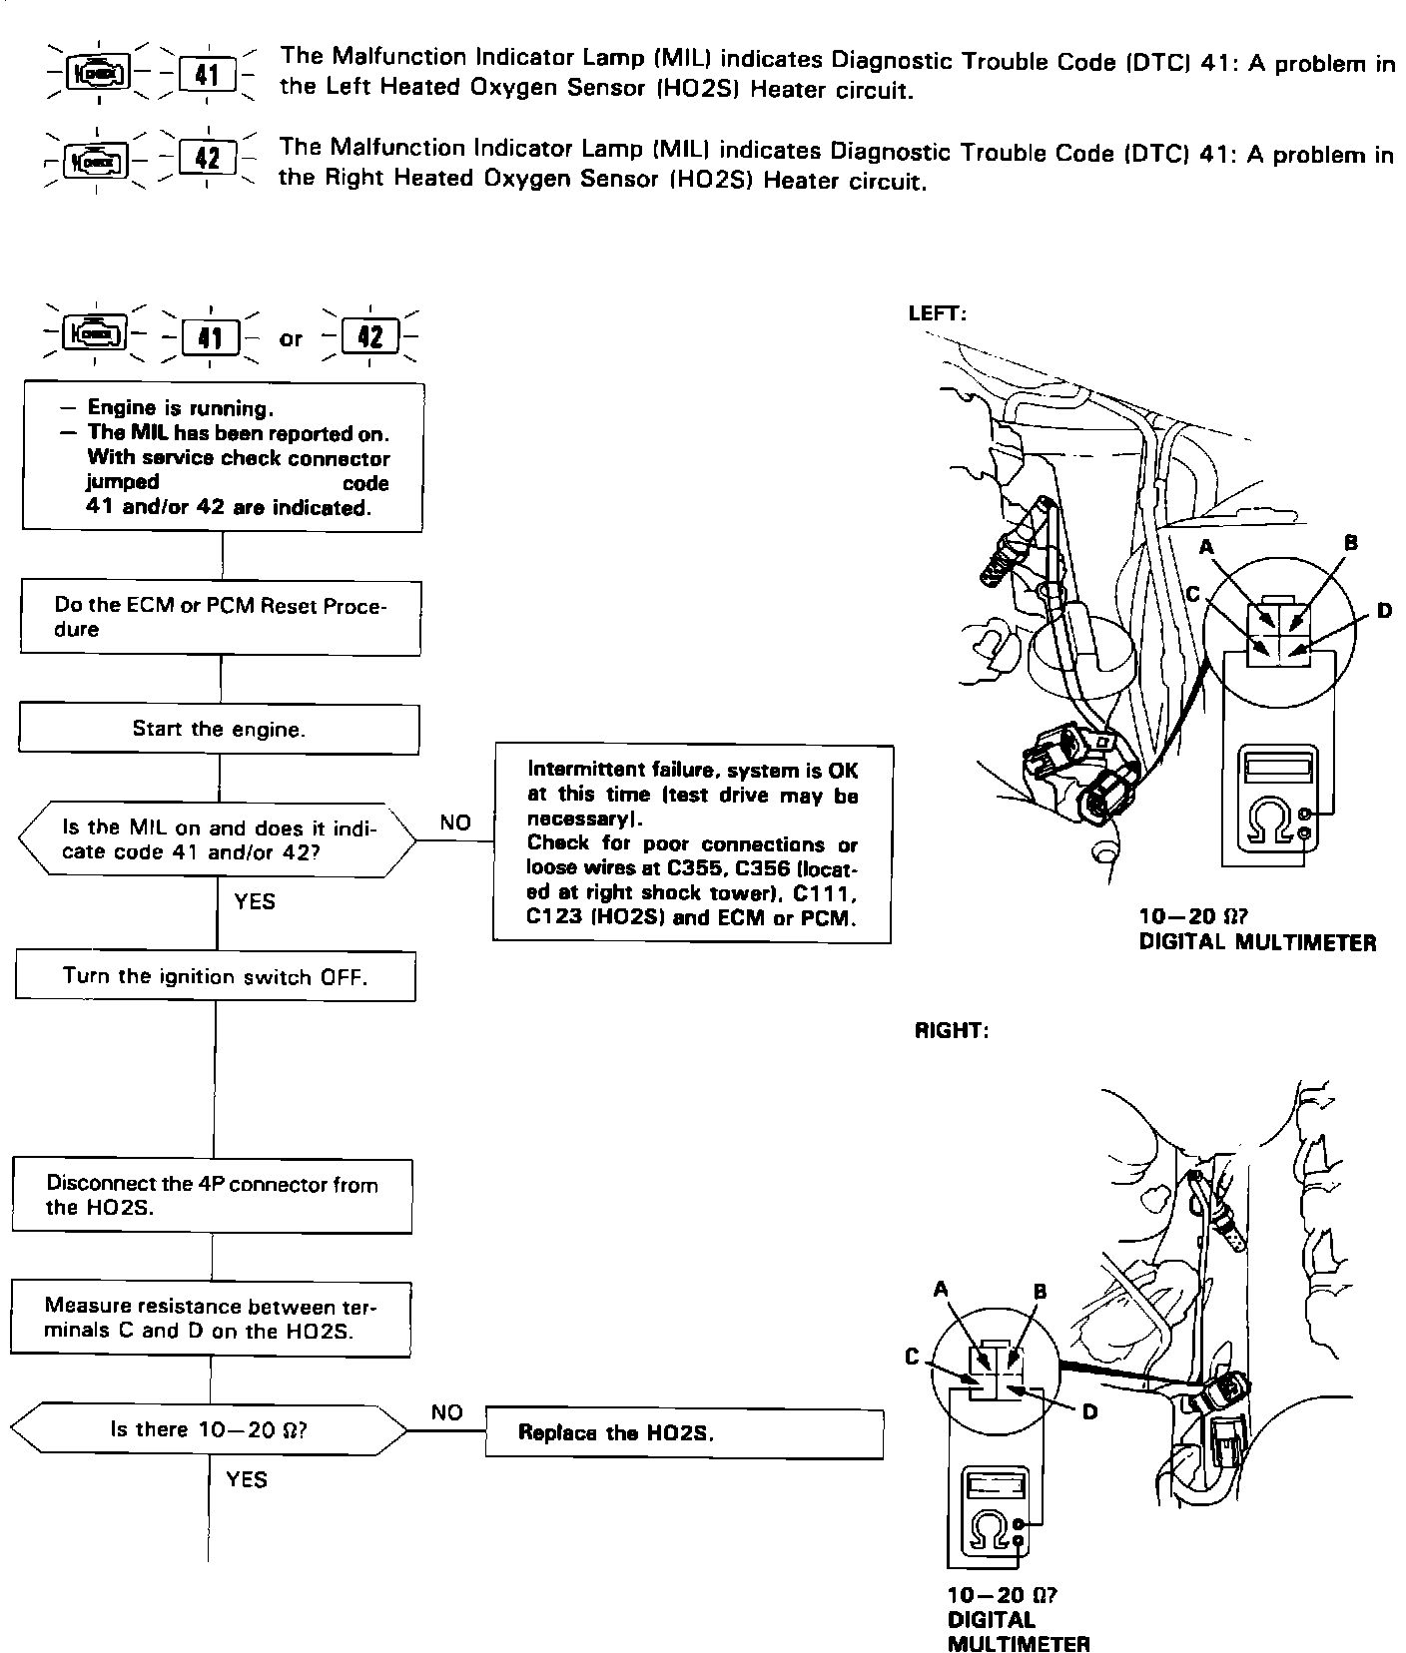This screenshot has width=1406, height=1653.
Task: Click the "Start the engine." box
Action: click(219, 729)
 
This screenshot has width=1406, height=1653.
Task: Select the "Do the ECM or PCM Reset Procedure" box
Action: click(221, 618)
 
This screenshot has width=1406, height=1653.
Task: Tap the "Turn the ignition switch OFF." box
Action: click(216, 976)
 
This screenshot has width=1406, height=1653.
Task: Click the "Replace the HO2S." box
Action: click(684, 1433)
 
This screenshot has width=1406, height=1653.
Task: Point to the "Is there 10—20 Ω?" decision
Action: click(209, 1429)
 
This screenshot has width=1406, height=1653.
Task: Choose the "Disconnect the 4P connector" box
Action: click(212, 1196)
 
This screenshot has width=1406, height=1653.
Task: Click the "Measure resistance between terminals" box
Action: click(211, 1319)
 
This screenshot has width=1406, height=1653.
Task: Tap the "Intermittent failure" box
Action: click(692, 843)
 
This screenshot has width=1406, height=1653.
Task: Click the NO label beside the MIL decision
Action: click(454, 823)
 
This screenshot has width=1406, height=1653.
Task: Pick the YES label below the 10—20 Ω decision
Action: click(246, 1479)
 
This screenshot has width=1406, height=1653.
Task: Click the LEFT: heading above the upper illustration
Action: click(937, 313)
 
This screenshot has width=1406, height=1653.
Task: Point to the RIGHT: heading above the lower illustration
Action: click(952, 1031)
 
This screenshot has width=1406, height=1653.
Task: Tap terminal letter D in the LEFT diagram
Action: click(1384, 609)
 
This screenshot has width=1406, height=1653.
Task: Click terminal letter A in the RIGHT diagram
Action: click(940, 1290)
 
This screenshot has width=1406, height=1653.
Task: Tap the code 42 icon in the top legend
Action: click(208, 158)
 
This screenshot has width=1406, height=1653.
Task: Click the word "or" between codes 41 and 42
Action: click(291, 338)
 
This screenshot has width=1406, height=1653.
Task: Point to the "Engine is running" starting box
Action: click(224, 457)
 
